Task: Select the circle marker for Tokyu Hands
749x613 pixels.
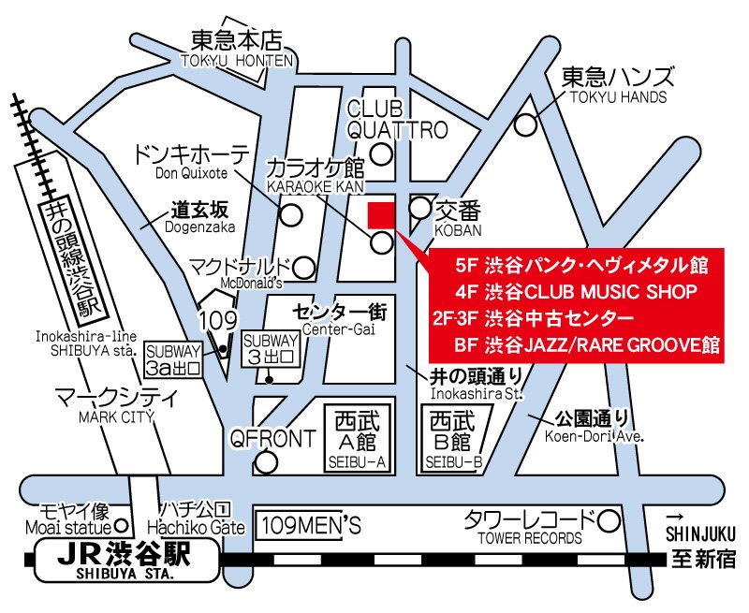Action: [x=528, y=123]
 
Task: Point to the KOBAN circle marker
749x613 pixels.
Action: [x=420, y=208]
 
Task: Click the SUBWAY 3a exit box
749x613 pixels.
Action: [x=174, y=358]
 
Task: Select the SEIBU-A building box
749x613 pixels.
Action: [x=360, y=437]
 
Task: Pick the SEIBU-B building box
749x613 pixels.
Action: [x=453, y=437]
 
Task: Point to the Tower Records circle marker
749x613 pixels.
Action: [x=609, y=519]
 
